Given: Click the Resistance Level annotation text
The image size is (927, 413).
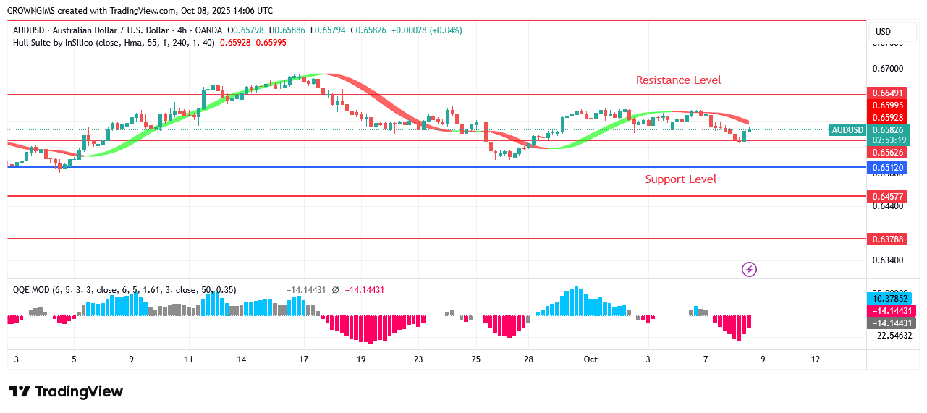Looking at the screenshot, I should (x=678, y=80).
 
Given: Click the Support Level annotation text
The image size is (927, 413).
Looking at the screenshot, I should (x=680, y=179).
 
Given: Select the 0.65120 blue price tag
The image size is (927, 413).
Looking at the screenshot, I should (x=887, y=168).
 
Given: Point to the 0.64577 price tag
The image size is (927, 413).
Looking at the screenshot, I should (x=887, y=196).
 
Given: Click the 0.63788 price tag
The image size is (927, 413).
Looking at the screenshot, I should (x=887, y=239).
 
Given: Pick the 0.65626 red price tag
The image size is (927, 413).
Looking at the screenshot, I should (x=887, y=153).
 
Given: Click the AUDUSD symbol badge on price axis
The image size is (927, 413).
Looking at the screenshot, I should (x=847, y=130).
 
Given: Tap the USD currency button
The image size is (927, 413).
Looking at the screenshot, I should (x=883, y=32).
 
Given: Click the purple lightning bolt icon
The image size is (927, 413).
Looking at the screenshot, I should (x=750, y=270).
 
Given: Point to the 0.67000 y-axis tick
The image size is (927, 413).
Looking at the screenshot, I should (x=887, y=69).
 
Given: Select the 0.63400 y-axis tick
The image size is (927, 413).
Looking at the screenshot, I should (x=887, y=260).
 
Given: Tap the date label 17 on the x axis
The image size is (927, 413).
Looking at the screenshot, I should (x=304, y=359).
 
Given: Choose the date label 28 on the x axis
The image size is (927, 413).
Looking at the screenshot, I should (x=528, y=359).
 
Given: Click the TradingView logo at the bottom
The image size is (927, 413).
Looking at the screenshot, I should (x=66, y=392).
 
